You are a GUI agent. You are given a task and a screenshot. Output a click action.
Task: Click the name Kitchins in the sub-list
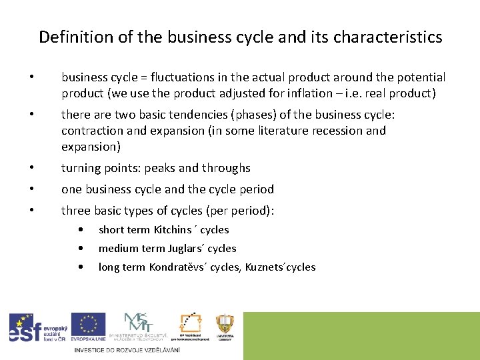pos(172,230)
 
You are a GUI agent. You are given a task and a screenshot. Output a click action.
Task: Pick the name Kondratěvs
pos(180,267)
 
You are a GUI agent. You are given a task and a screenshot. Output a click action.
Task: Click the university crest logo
pos(225,326)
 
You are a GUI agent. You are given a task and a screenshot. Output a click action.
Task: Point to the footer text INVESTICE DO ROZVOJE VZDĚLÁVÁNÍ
pos(127,350)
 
